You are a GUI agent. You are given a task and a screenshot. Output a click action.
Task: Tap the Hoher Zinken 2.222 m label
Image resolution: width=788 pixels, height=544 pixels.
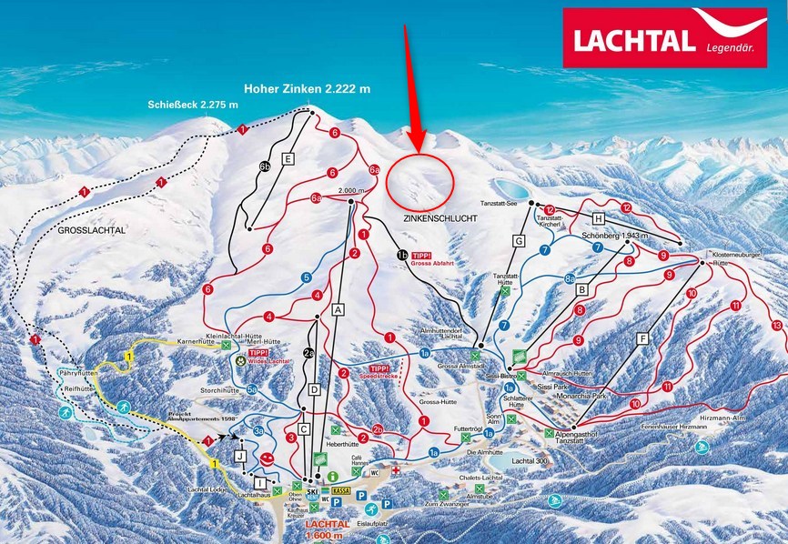[310, 89]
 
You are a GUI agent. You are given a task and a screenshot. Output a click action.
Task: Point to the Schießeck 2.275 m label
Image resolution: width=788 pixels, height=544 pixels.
[193, 105]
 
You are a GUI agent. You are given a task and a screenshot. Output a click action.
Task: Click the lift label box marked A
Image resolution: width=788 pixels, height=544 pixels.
[338, 309]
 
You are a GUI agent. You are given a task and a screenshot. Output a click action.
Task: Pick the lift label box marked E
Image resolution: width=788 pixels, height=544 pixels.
[288, 159]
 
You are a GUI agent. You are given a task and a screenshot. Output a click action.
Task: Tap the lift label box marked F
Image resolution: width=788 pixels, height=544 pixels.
[642, 337]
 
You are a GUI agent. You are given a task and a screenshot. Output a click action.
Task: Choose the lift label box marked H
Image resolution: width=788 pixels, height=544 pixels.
[598, 218]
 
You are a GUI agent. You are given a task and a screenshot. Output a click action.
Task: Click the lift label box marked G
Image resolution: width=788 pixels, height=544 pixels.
[520, 241]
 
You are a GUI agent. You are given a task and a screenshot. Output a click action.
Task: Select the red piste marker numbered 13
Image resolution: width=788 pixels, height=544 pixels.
[776, 325]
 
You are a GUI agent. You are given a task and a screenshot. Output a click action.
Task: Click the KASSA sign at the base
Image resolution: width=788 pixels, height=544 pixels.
[342, 491]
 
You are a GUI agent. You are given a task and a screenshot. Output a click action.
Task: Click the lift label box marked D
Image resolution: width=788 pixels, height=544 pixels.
[315, 389]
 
